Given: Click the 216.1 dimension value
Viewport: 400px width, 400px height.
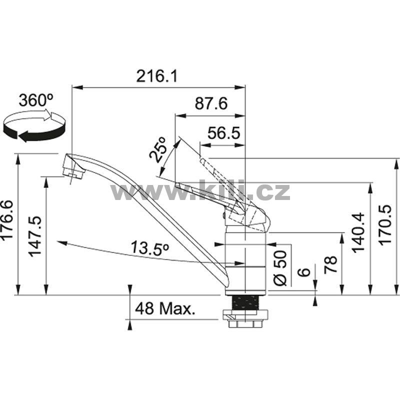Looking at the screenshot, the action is (156, 76).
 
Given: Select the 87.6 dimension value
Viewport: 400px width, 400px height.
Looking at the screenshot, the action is (210, 103).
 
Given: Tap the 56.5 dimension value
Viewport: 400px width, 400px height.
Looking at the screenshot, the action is (223, 132).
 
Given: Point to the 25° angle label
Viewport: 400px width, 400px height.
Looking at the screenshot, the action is (157, 149).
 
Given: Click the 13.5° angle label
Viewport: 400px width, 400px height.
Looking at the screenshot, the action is (150, 248).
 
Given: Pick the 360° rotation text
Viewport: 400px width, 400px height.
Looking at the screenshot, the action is (36, 100).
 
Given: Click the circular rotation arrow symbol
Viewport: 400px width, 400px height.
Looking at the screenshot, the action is (34, 125).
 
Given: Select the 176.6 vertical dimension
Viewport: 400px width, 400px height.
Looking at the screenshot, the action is (7, 219).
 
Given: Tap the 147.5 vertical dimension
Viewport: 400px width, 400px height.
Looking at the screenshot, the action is (34, 236).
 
